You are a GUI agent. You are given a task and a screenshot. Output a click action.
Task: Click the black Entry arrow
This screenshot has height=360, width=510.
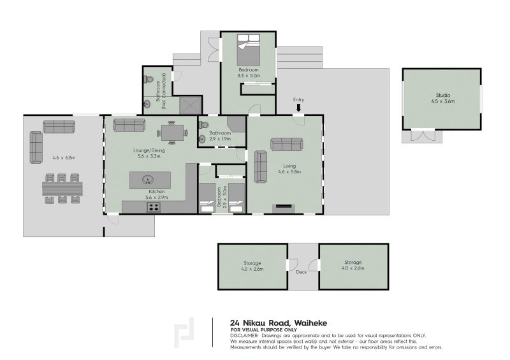pos(298,108)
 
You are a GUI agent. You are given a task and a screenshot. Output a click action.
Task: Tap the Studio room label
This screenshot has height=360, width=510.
pos(443,96)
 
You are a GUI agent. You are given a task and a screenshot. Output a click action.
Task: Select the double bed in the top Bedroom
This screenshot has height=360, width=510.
pos(248,50)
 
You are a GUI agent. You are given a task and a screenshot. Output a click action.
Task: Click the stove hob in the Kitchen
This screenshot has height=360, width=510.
pos(154,207)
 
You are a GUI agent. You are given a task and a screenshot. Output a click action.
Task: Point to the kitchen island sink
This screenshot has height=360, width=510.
pos(149,179)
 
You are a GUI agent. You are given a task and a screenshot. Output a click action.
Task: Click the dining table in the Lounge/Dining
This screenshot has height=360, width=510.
pos(172,133)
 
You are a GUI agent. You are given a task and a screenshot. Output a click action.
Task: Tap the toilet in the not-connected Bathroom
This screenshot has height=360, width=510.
pos(149,79)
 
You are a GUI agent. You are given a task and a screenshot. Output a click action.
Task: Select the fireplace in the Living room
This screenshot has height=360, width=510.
pos(283,208)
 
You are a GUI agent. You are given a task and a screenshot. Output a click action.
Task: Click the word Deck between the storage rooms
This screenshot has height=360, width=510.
pos(301,272)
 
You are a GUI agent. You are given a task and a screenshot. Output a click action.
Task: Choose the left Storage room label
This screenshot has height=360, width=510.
pos(252,263)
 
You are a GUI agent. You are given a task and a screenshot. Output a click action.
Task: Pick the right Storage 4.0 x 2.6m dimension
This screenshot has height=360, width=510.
pos(353,268)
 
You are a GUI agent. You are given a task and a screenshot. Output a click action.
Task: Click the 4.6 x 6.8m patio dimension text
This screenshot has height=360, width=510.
pos(64,158)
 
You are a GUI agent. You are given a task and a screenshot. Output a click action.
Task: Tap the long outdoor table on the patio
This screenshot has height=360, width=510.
pos(62,189)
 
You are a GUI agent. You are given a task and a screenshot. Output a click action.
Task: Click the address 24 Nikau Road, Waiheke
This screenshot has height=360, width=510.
pos(279,323)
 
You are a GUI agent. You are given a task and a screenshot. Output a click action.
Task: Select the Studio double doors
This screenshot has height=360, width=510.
pos(422,135)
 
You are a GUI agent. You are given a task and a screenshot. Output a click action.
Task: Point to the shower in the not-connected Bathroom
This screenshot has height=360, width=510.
pos(191,105)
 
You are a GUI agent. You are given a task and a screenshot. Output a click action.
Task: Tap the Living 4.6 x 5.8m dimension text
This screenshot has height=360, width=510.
pos(289,171)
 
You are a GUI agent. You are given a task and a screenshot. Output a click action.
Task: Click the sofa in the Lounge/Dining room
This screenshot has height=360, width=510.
pos(129,125)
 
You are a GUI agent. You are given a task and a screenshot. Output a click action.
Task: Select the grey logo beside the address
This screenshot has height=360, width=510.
pos(184,333)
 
